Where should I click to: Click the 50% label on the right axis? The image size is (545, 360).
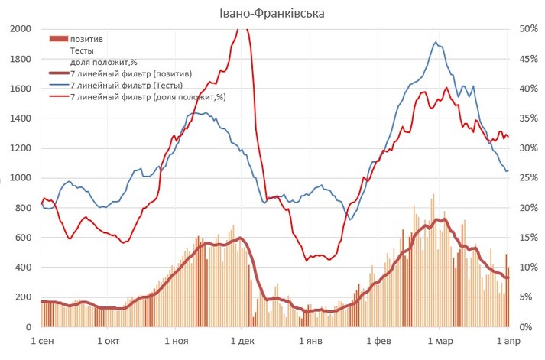pos(528,29)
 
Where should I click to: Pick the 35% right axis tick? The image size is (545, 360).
pos(528,118)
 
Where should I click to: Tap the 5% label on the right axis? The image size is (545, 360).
pos(526,297)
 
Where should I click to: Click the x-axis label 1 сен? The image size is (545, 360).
pos(41,340)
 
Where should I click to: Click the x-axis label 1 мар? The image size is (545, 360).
pos(440,340)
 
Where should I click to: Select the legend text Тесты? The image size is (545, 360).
pos(83,50)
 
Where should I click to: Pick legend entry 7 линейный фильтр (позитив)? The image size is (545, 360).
pos(130,74)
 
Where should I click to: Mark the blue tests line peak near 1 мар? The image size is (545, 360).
pos(436,42)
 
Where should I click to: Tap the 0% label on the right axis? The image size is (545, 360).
pos(526,327)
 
